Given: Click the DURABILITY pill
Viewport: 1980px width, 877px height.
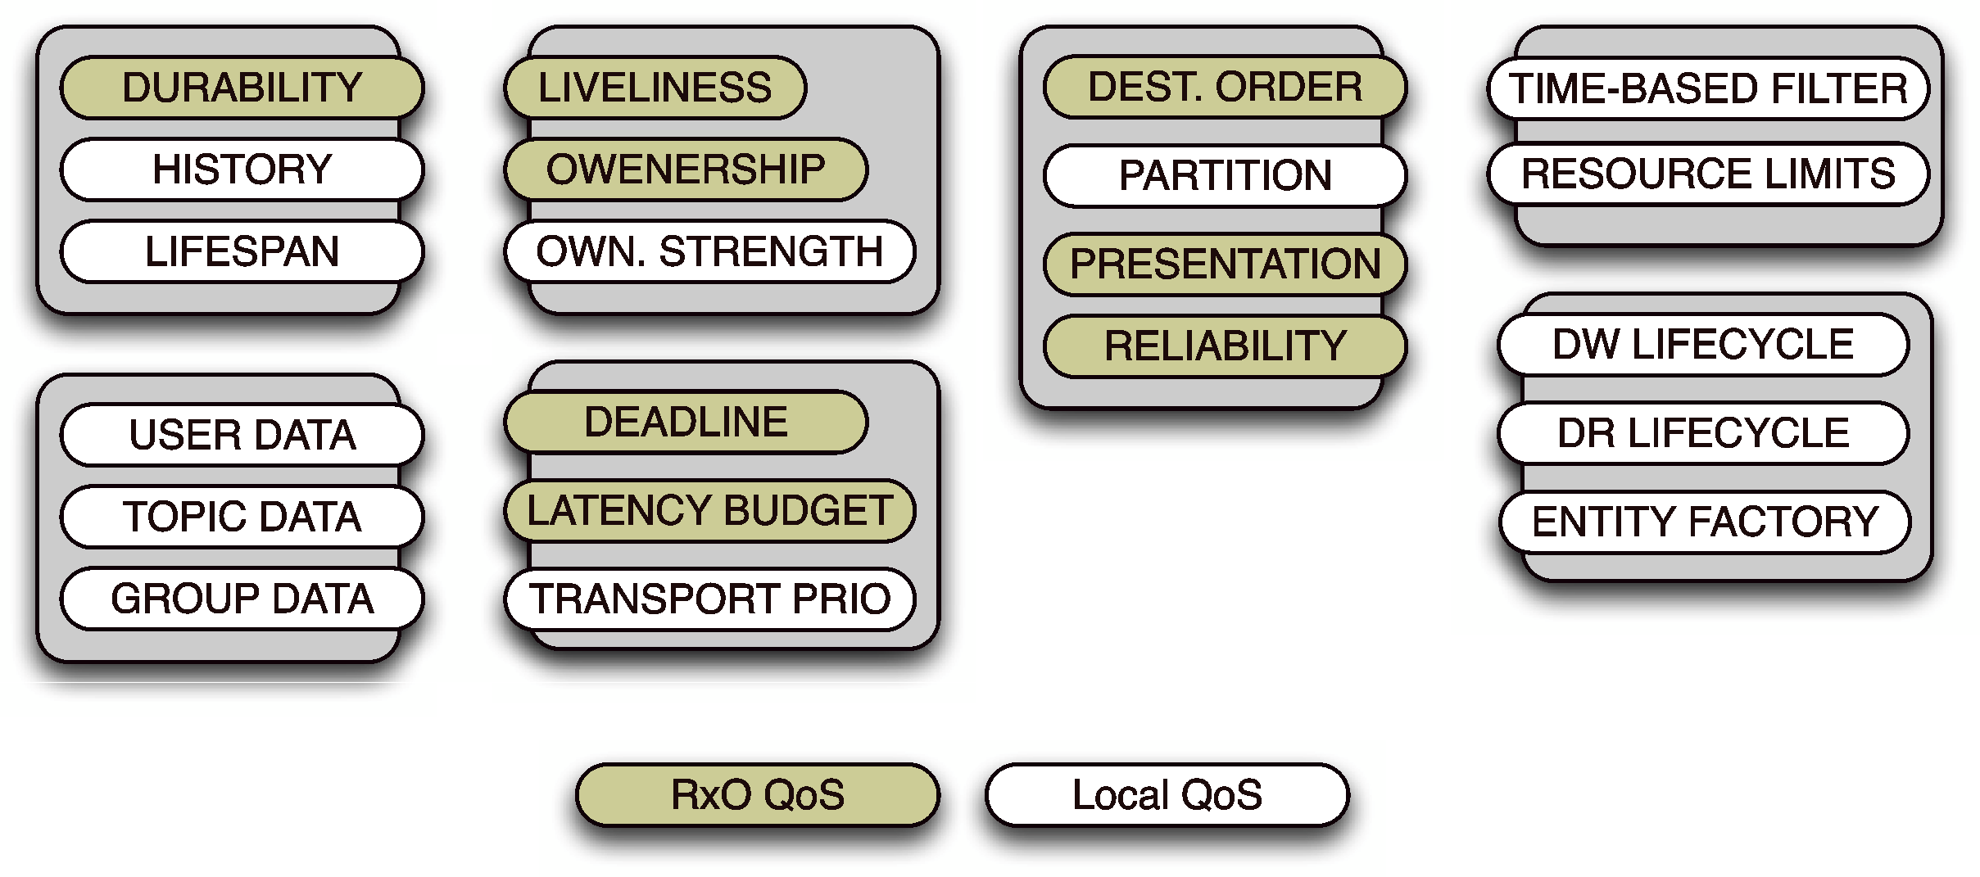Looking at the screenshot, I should coord(242,88).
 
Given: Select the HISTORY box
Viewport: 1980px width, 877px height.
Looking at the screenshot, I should coord(242,170).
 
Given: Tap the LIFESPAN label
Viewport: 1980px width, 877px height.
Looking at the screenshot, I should coord(242,251).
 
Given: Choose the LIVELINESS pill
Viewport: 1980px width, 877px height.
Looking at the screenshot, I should coord(655,88).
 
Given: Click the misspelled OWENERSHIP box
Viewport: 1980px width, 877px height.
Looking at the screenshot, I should coord(686,170).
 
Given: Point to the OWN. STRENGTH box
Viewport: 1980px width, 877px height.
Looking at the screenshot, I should coord(709,251).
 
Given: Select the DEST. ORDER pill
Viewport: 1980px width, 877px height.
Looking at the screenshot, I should coord(1225,87).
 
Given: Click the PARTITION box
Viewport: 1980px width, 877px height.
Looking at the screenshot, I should coord(1225,175).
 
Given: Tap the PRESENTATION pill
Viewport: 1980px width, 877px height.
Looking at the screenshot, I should coord(1225,264).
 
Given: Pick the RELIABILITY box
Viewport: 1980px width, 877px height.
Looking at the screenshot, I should coord(1225,346).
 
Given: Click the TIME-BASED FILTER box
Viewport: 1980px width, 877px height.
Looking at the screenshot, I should coord(1708,88).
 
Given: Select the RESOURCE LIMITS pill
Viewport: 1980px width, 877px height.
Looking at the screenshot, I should coord(1708,174).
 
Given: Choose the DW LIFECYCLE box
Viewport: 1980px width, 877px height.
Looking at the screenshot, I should coord(1703,344).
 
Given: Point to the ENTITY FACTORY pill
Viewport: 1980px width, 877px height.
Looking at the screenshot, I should coord(1705,522).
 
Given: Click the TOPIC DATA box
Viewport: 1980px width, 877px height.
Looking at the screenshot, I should coord(242,517).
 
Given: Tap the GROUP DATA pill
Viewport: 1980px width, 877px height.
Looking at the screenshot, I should coord(242,599).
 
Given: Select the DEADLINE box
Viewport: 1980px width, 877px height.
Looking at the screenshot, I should coord(686,423).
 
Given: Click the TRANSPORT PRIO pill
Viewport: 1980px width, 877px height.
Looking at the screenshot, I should coord(709,599).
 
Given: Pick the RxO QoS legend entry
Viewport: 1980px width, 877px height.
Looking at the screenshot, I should coord(757,794).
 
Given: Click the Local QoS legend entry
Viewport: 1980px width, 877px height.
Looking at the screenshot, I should coord(1167,794).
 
